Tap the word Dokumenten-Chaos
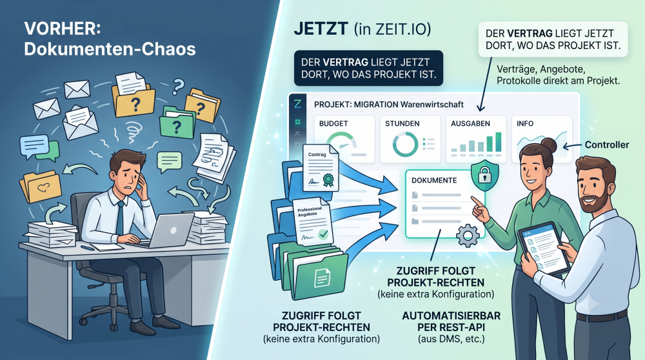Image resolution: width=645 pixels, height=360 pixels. [110, 49]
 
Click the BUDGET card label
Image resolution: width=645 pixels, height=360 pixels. [333, 123]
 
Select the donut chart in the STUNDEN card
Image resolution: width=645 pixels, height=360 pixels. [405, 144]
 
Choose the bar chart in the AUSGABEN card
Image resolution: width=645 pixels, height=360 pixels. [477, 143]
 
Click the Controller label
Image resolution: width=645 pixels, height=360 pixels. [607, 145]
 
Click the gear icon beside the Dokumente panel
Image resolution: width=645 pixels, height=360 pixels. [468, 235]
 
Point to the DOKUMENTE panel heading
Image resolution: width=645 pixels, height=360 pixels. [434, 180]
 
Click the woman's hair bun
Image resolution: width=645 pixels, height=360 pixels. [549, 145]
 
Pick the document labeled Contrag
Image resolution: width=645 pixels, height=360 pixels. [321, 168]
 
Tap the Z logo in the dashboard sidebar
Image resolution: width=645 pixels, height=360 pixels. [297, 104]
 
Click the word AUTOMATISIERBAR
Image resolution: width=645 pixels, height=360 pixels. [451, 316]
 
